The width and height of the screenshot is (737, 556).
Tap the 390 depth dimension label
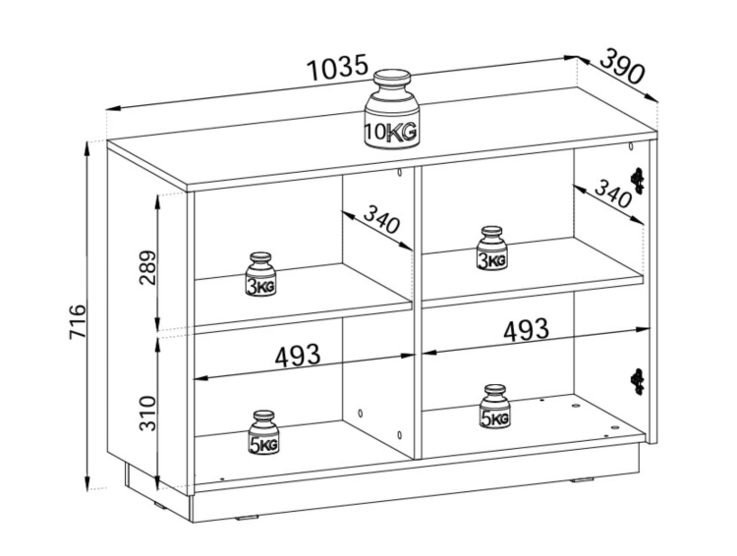pyautogui.click(x=621, y=66)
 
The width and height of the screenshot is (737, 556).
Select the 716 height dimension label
pyautogui.click(x=78, y=321)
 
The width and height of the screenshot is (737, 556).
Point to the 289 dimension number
pyautogui.click(x=147, y=267)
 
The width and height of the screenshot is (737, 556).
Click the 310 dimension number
pyautogui.click(x=147, y=414)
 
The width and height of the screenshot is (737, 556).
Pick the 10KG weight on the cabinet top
pyautogui.click(x=391, y=110)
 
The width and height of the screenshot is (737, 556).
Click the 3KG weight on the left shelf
pyautogui.click(x=261, y=274)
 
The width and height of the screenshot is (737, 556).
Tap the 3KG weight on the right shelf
pyautogui.click(x=491, y=249)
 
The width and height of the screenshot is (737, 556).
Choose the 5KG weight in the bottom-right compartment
pyautogui.click(x=495, y=407)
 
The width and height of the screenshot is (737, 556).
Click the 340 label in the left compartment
pyautogui.click(x=381, y=219)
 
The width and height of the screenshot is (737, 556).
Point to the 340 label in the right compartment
pyautogui.click(x=612, y=194)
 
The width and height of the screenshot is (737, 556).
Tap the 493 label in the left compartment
pyautogui.click(x=298, y=356)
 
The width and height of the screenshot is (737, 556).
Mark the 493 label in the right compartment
pyautogui.click(x=526, y=329)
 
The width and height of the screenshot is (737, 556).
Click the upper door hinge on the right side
pyautogui.click(x=638, y=181)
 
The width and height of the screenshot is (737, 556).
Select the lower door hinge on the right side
pyautogui.click(x=638, y=381)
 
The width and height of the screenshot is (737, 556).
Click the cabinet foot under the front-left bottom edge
pyautogui.click(x=249, y=519)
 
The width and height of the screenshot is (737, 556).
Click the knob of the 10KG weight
pyautogui.click(x=392, y=78)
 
